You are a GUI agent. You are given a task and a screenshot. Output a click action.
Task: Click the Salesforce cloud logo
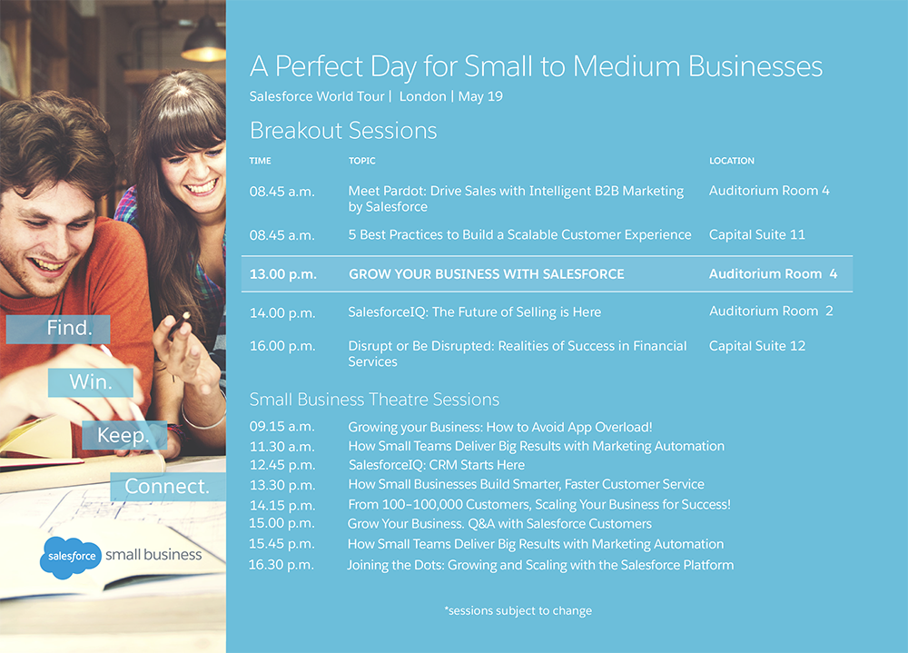pyautogui.click(x=71, y=558)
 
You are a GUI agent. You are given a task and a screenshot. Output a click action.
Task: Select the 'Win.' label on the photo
pyautogui.click(x=90, y=381)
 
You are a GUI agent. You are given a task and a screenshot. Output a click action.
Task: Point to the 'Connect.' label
pyautogui.click(x=168, y=486)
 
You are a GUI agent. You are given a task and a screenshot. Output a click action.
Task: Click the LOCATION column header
pyautogui.click(x=731, y=161)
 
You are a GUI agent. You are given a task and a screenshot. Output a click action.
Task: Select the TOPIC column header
pyautogui.click(x=362, y=161)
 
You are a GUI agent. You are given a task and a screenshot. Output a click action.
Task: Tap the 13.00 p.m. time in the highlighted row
pyautogui.click(x=282, y=274)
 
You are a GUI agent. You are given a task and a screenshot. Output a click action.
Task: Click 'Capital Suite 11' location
pyautogui.click(x=757, y=234)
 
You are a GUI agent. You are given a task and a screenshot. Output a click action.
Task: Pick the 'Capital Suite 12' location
pyautogui.click(x=757, y=346)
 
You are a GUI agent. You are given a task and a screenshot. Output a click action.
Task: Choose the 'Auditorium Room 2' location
pyautogui.click(x=771, y=312)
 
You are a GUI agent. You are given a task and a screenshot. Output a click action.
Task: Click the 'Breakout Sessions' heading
pyautogui.click(x=343, y=131)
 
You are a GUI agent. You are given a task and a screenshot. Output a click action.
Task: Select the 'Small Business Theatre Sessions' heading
pyautogui.click(x=374, y=400)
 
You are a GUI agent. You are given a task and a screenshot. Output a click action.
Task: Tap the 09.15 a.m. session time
pyautogui.click(x=282, y=427)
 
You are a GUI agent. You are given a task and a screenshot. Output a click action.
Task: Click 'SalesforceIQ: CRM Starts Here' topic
pyautogui.click(x=436, y=465)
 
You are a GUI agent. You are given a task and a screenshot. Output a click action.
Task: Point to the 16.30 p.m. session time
pyautogui.click(x=281, y=565)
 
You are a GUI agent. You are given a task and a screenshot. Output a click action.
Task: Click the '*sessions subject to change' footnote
pyautogui.click(x=518, y=610)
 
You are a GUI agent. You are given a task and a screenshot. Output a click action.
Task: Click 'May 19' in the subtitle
pyautogui.click(x=480, y=96)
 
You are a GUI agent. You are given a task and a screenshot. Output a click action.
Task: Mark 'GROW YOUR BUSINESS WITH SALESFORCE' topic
pyautogui.click(x=487, y=274)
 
